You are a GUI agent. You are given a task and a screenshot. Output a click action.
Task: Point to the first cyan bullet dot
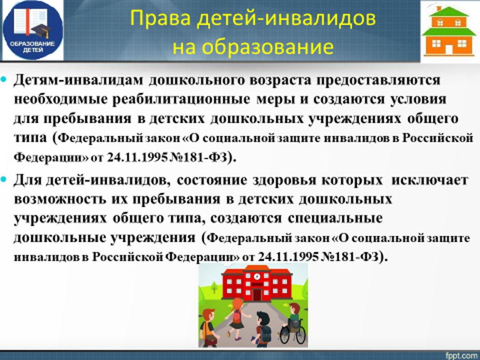point(4,80)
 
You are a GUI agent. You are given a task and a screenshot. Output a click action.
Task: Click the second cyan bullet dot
point(4,180)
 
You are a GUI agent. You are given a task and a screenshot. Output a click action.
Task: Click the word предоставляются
point(379,80)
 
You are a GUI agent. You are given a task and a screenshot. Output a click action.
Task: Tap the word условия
point(418,100)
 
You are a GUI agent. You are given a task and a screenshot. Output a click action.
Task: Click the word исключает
point(430,180)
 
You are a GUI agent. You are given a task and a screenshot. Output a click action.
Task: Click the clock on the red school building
point(256,277)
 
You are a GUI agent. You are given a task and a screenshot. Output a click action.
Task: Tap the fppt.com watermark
point(462,355)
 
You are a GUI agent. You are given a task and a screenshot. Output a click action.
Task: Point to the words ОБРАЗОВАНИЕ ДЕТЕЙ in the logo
point(32,46)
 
